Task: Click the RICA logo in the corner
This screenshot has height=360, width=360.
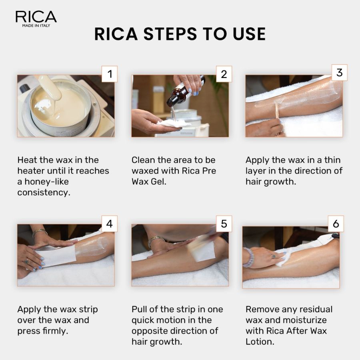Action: click(x=36, y=18)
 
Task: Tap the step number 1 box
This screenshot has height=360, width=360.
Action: click(x=110, y=74)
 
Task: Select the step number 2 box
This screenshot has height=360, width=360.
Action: click(x=224, y=74)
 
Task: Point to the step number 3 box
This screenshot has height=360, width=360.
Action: click(x=339, y=72)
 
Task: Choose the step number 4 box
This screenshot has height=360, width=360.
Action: click(x=110, y=224)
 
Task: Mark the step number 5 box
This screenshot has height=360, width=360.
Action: click(x=224, y=224)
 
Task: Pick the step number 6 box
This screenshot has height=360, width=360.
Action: click(x=336, y=224)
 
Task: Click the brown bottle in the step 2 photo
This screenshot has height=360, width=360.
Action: click(x=179, y=94)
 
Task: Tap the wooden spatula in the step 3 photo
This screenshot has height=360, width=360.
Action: click(x=277, y=110)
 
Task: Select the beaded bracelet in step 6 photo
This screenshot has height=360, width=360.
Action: click(x=249, y=257)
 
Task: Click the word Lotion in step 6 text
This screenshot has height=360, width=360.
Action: click(x=260, y=342)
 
